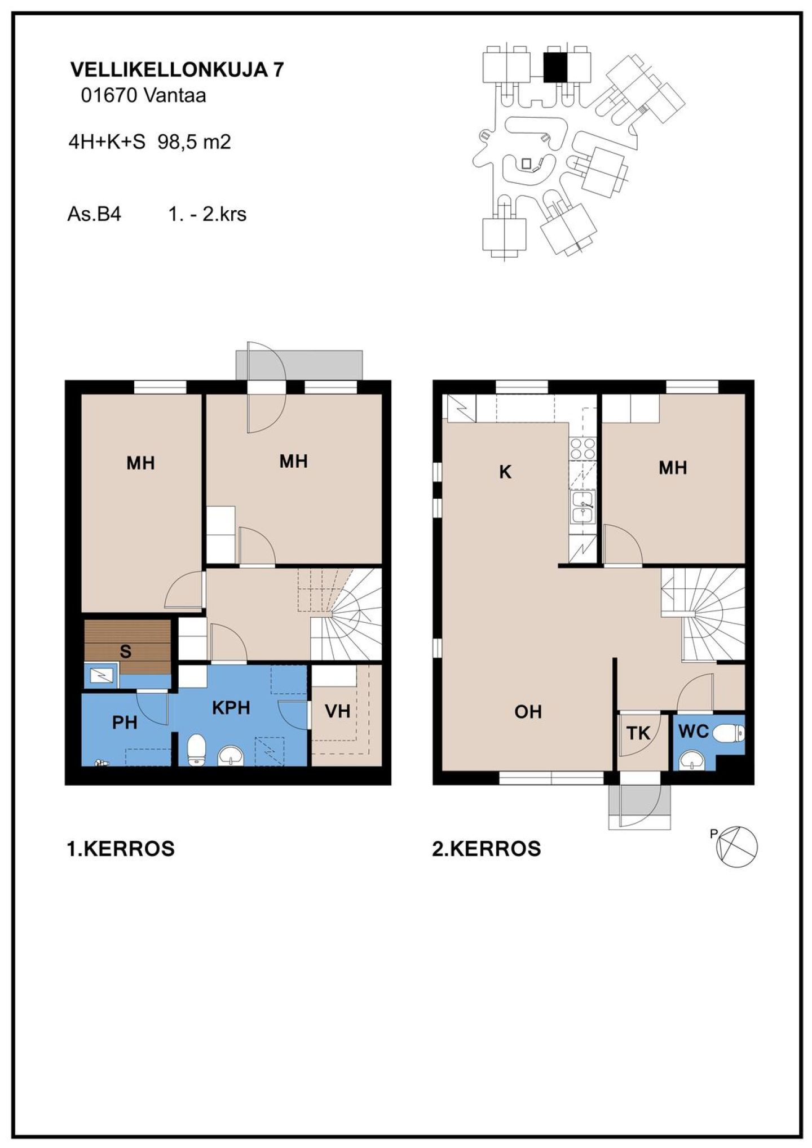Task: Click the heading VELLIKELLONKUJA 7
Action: click(176, 69)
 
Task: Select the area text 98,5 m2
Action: click(194, 142)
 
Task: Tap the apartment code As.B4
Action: click(94, 214)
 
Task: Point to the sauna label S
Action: click(125, 651)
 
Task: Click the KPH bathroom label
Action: click(231, 708)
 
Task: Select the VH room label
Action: click(338, 711)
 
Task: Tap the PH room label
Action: click(125, 723)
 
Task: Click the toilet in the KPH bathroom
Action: click(196, 750)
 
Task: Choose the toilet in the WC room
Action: click(729, 734)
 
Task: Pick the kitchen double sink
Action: click(582, 507)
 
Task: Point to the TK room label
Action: click(638, 733)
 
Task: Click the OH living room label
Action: click(528, 712)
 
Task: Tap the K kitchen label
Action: click(505, 472)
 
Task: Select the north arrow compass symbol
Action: click(736, 846)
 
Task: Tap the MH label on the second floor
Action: click(673, 468)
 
